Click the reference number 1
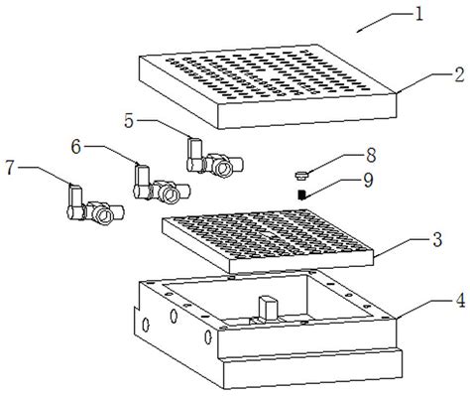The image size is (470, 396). point(418,15)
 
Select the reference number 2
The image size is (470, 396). point(458,74)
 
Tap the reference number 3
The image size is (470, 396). point(437,239)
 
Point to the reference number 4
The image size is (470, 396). point(460,301)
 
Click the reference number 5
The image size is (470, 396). point(129,120)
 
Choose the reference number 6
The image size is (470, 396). point(76,147)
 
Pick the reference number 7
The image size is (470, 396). point(10,168)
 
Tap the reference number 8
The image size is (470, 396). point(371,155)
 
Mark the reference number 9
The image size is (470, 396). point(368,181)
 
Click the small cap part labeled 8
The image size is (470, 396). point(300,176)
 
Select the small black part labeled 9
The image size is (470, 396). point(301,195)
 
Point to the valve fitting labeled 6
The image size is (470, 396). point(162,185)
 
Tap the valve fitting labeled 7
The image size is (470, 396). point(95,205)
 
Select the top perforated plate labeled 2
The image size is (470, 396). point(268,86)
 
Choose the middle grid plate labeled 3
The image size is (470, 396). point(268,241)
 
